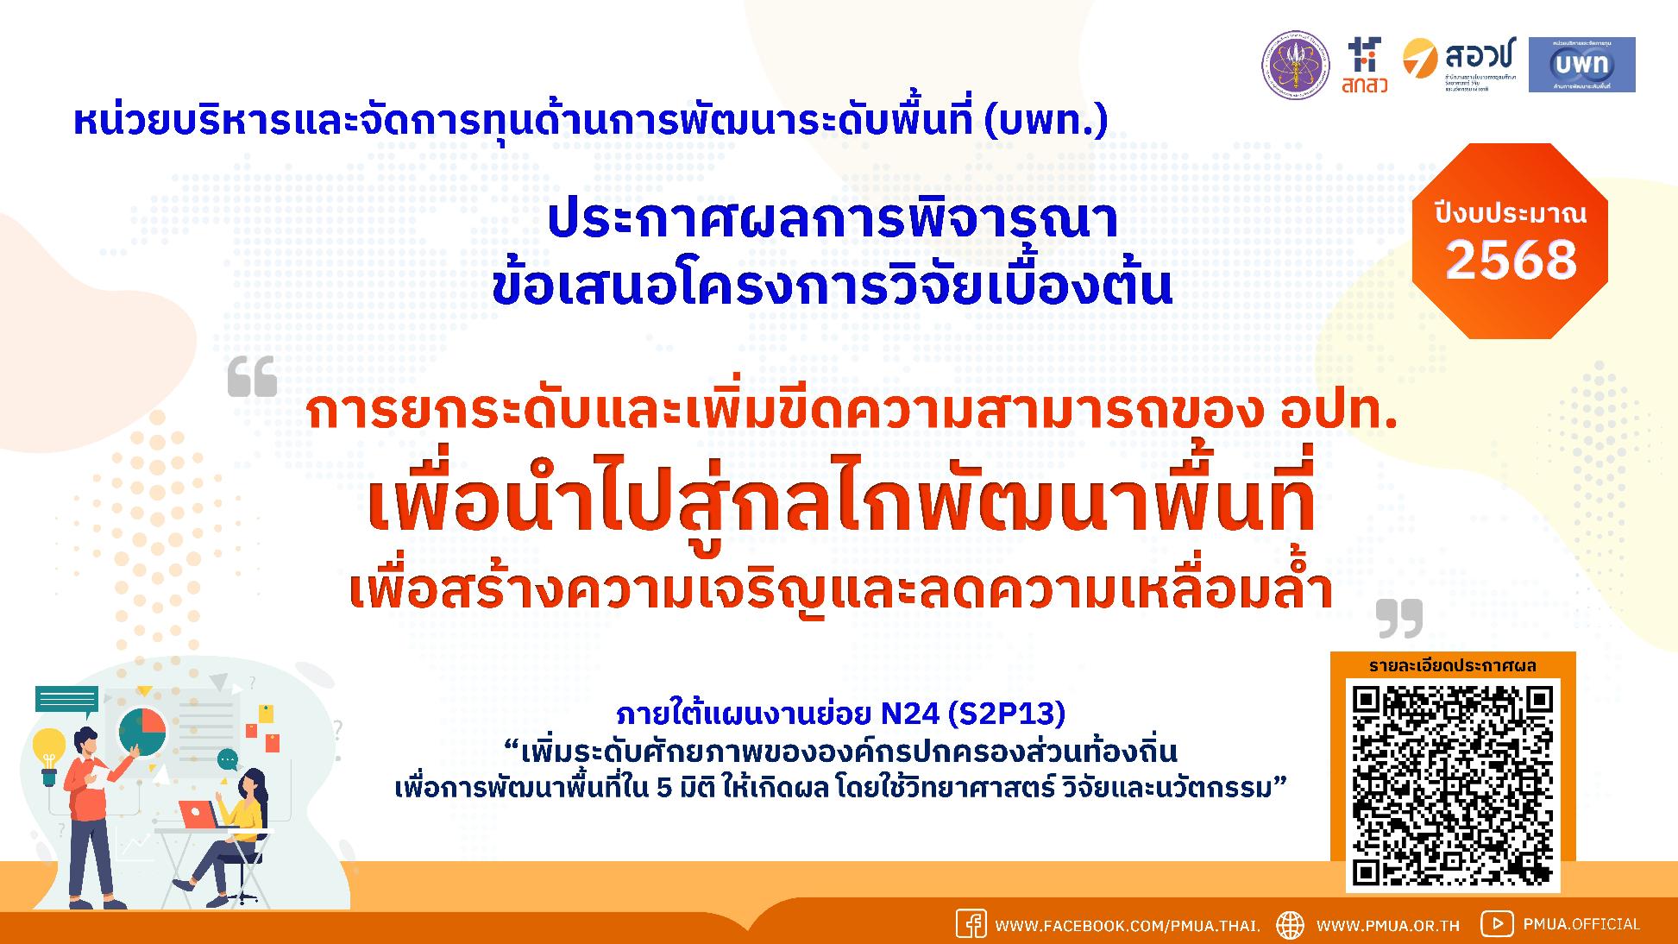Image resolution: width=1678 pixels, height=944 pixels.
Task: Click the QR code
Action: tap(1453, 785)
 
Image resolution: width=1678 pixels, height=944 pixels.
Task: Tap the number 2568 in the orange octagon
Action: tap(1511, 259)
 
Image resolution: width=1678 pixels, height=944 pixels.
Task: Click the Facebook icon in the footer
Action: tap(971, 924)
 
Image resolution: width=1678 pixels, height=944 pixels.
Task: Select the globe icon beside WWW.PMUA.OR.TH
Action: tap(1290, 924)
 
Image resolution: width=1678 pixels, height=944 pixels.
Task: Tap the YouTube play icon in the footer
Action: tap(1496, 923)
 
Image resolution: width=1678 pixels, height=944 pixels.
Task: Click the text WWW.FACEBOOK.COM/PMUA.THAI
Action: tap(1128, 926)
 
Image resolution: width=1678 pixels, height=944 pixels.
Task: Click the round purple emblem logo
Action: tap(1297, 65)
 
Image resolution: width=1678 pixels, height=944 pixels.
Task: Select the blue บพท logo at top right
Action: tap(1581, 65)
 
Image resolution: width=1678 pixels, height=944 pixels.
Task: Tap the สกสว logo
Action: tap(1365, 65)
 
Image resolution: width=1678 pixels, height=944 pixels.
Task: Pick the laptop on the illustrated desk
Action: tap(198, 814)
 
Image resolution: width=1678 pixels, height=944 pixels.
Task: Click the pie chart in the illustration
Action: tap(142, 731)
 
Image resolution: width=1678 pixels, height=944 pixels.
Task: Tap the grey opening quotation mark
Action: tap(252, 376)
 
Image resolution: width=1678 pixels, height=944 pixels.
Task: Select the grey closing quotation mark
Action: tap(1398, 618)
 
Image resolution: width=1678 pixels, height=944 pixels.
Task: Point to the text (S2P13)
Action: tap(1006, 714)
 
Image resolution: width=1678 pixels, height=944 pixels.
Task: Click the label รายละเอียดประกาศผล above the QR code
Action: tap(1453, 665)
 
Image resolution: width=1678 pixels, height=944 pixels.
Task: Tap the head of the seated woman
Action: tap(254, 783)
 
